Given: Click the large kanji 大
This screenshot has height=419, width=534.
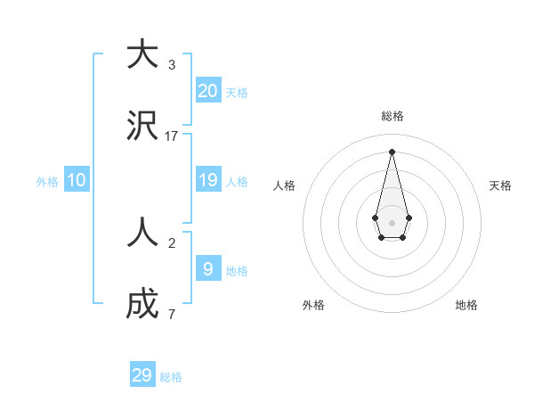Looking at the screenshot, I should click(x=142, y=55).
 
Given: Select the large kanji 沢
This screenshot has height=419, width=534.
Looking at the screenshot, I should click(x=142, y=127).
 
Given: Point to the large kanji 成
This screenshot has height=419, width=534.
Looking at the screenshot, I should click(x=142, y=305).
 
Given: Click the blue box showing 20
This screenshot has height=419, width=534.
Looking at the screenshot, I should click(x=208, y=90).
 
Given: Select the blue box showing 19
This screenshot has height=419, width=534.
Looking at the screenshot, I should click(x=208, y=180).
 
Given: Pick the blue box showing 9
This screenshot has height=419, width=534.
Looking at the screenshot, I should click(x=208, y=269).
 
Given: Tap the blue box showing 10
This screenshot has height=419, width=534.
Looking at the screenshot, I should click(x=77, y=180).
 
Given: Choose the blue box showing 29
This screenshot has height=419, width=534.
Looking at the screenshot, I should click(x=142, y=375).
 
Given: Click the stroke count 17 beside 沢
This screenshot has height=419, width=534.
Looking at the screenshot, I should click(x=172, y=136).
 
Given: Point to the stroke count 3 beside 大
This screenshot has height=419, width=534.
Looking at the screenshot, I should click(x=172, y=65).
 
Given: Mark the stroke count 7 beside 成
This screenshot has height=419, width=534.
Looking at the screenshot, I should click(x=172, y=315).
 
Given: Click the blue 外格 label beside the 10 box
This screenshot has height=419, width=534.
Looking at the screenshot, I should click(x=47, y=182).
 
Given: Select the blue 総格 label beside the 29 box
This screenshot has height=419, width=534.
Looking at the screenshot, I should click(x=171, y=377).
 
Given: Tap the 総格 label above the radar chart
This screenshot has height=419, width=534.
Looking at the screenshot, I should click(x=392, y=116).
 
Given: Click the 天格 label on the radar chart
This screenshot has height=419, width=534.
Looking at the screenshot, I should click(x=501, y=185).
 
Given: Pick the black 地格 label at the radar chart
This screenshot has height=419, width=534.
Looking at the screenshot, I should click(x=466, y=305).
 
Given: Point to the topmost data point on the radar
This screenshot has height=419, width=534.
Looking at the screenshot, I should click(x=392, y=151).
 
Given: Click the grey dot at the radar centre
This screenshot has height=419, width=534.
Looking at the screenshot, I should click(x=392, y=222).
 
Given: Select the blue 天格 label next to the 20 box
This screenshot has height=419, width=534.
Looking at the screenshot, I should click(x=237, y=93).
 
